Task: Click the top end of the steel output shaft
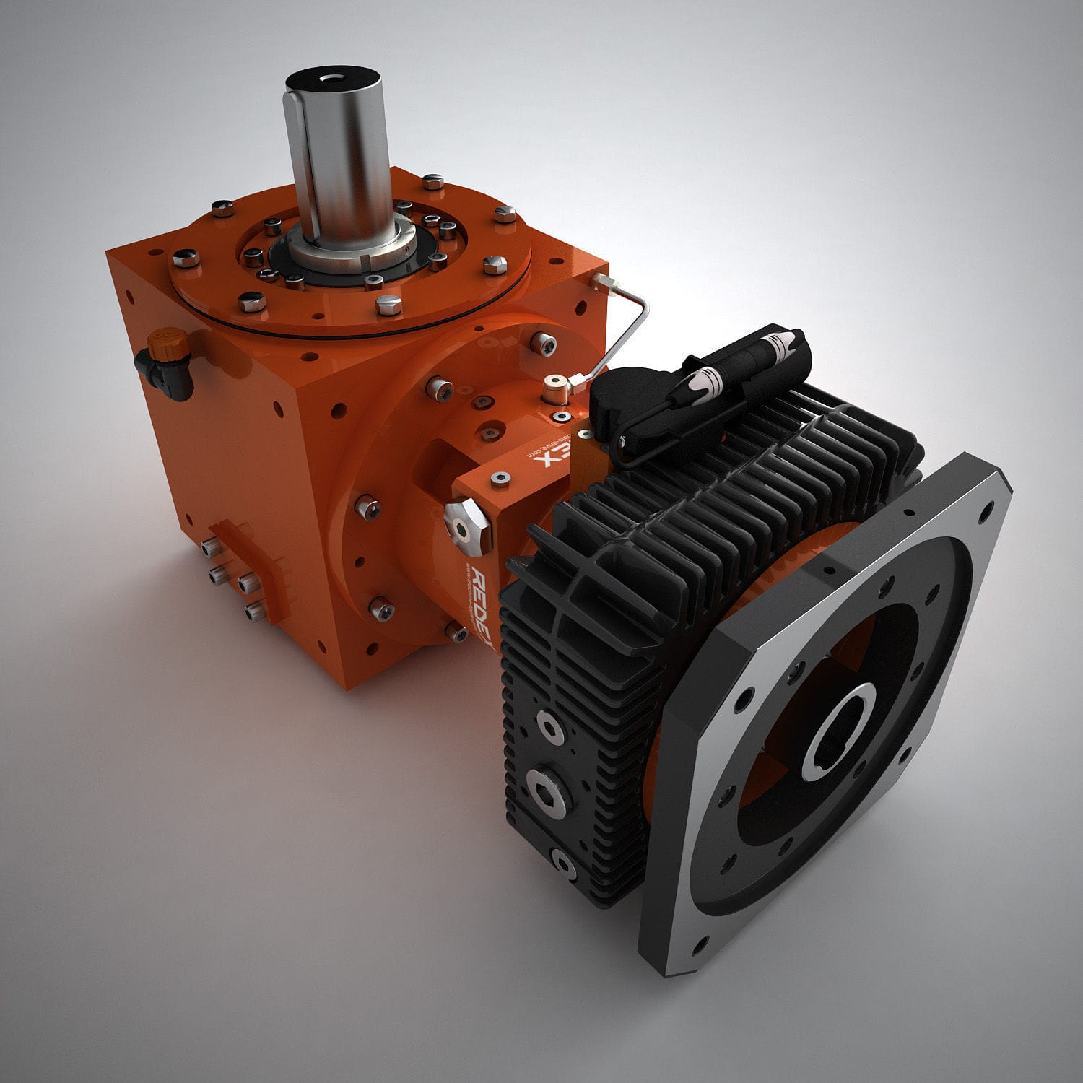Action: click(x=333, y=80)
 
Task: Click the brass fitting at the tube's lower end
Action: click(x=554, y=389)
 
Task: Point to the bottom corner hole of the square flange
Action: click(x=698, y=941)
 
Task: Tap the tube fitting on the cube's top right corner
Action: click(x=600, y=280)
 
